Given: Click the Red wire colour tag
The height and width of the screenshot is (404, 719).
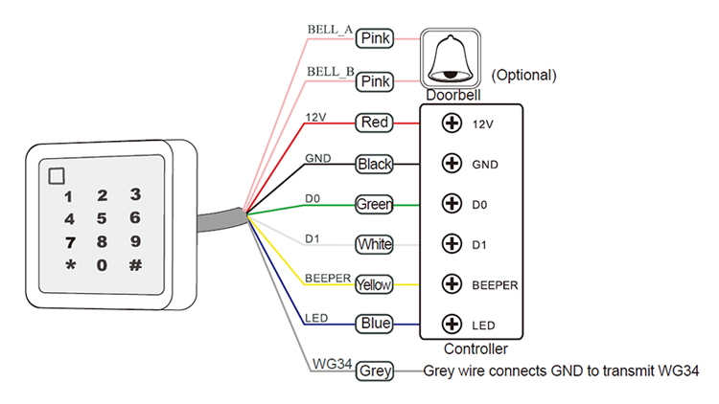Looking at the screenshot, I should (374, 123).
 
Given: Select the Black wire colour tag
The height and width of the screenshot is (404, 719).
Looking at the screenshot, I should (374, 164).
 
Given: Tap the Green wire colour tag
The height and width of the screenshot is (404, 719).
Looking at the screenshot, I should (374, 204).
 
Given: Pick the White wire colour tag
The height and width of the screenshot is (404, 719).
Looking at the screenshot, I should (374, 244).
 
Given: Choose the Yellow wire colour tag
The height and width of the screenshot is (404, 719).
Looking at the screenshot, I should (374, 284).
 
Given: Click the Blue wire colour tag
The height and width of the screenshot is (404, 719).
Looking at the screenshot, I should (374, 324).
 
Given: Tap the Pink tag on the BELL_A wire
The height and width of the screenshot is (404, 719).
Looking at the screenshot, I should (375, 38).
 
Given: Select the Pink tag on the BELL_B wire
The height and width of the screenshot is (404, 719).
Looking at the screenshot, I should (375, 82).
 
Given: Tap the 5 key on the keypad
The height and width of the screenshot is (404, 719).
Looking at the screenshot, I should (102, 218).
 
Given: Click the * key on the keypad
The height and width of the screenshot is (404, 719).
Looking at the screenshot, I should (70, 265).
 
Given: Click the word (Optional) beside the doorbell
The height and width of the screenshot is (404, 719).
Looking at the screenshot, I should (523, 75).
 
